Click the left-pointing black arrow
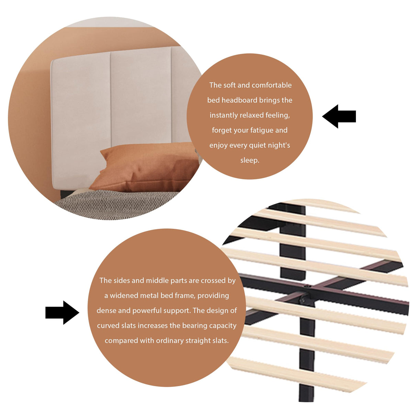point(339,116)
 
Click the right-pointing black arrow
point(62,313)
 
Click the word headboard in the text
point(239,100)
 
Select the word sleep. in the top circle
point(250,160)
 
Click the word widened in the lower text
point(123,295)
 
